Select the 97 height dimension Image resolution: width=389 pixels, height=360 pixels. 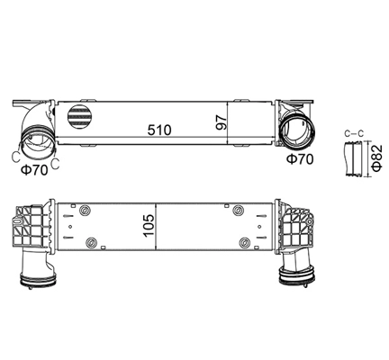pos(220,121)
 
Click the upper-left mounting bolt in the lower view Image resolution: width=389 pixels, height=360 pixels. pos(86,211)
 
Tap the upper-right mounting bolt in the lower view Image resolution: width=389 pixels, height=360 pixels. pos(240,211)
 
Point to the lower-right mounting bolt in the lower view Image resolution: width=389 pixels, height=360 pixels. pos(246,240)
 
